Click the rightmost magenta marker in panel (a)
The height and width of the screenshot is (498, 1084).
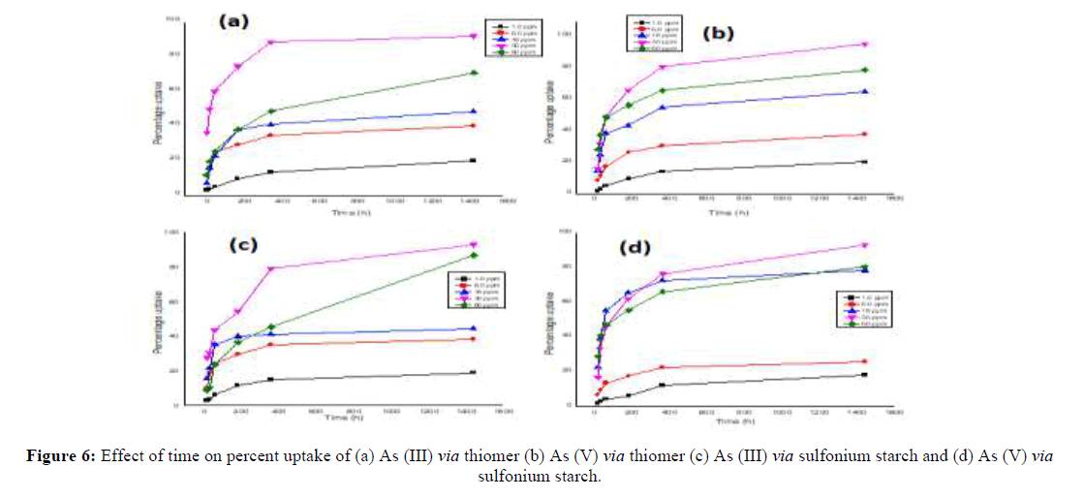coord(474,36)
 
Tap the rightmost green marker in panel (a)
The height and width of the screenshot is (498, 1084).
coord(474,73)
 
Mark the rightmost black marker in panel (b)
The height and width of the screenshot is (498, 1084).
coord(864,161)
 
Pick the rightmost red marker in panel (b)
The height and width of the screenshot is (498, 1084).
coord(864,134)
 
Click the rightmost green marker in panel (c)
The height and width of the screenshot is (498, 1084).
coord(474,255)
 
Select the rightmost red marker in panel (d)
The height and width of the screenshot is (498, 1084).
coord(864,361)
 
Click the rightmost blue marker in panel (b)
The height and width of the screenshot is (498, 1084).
coord(864,91)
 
